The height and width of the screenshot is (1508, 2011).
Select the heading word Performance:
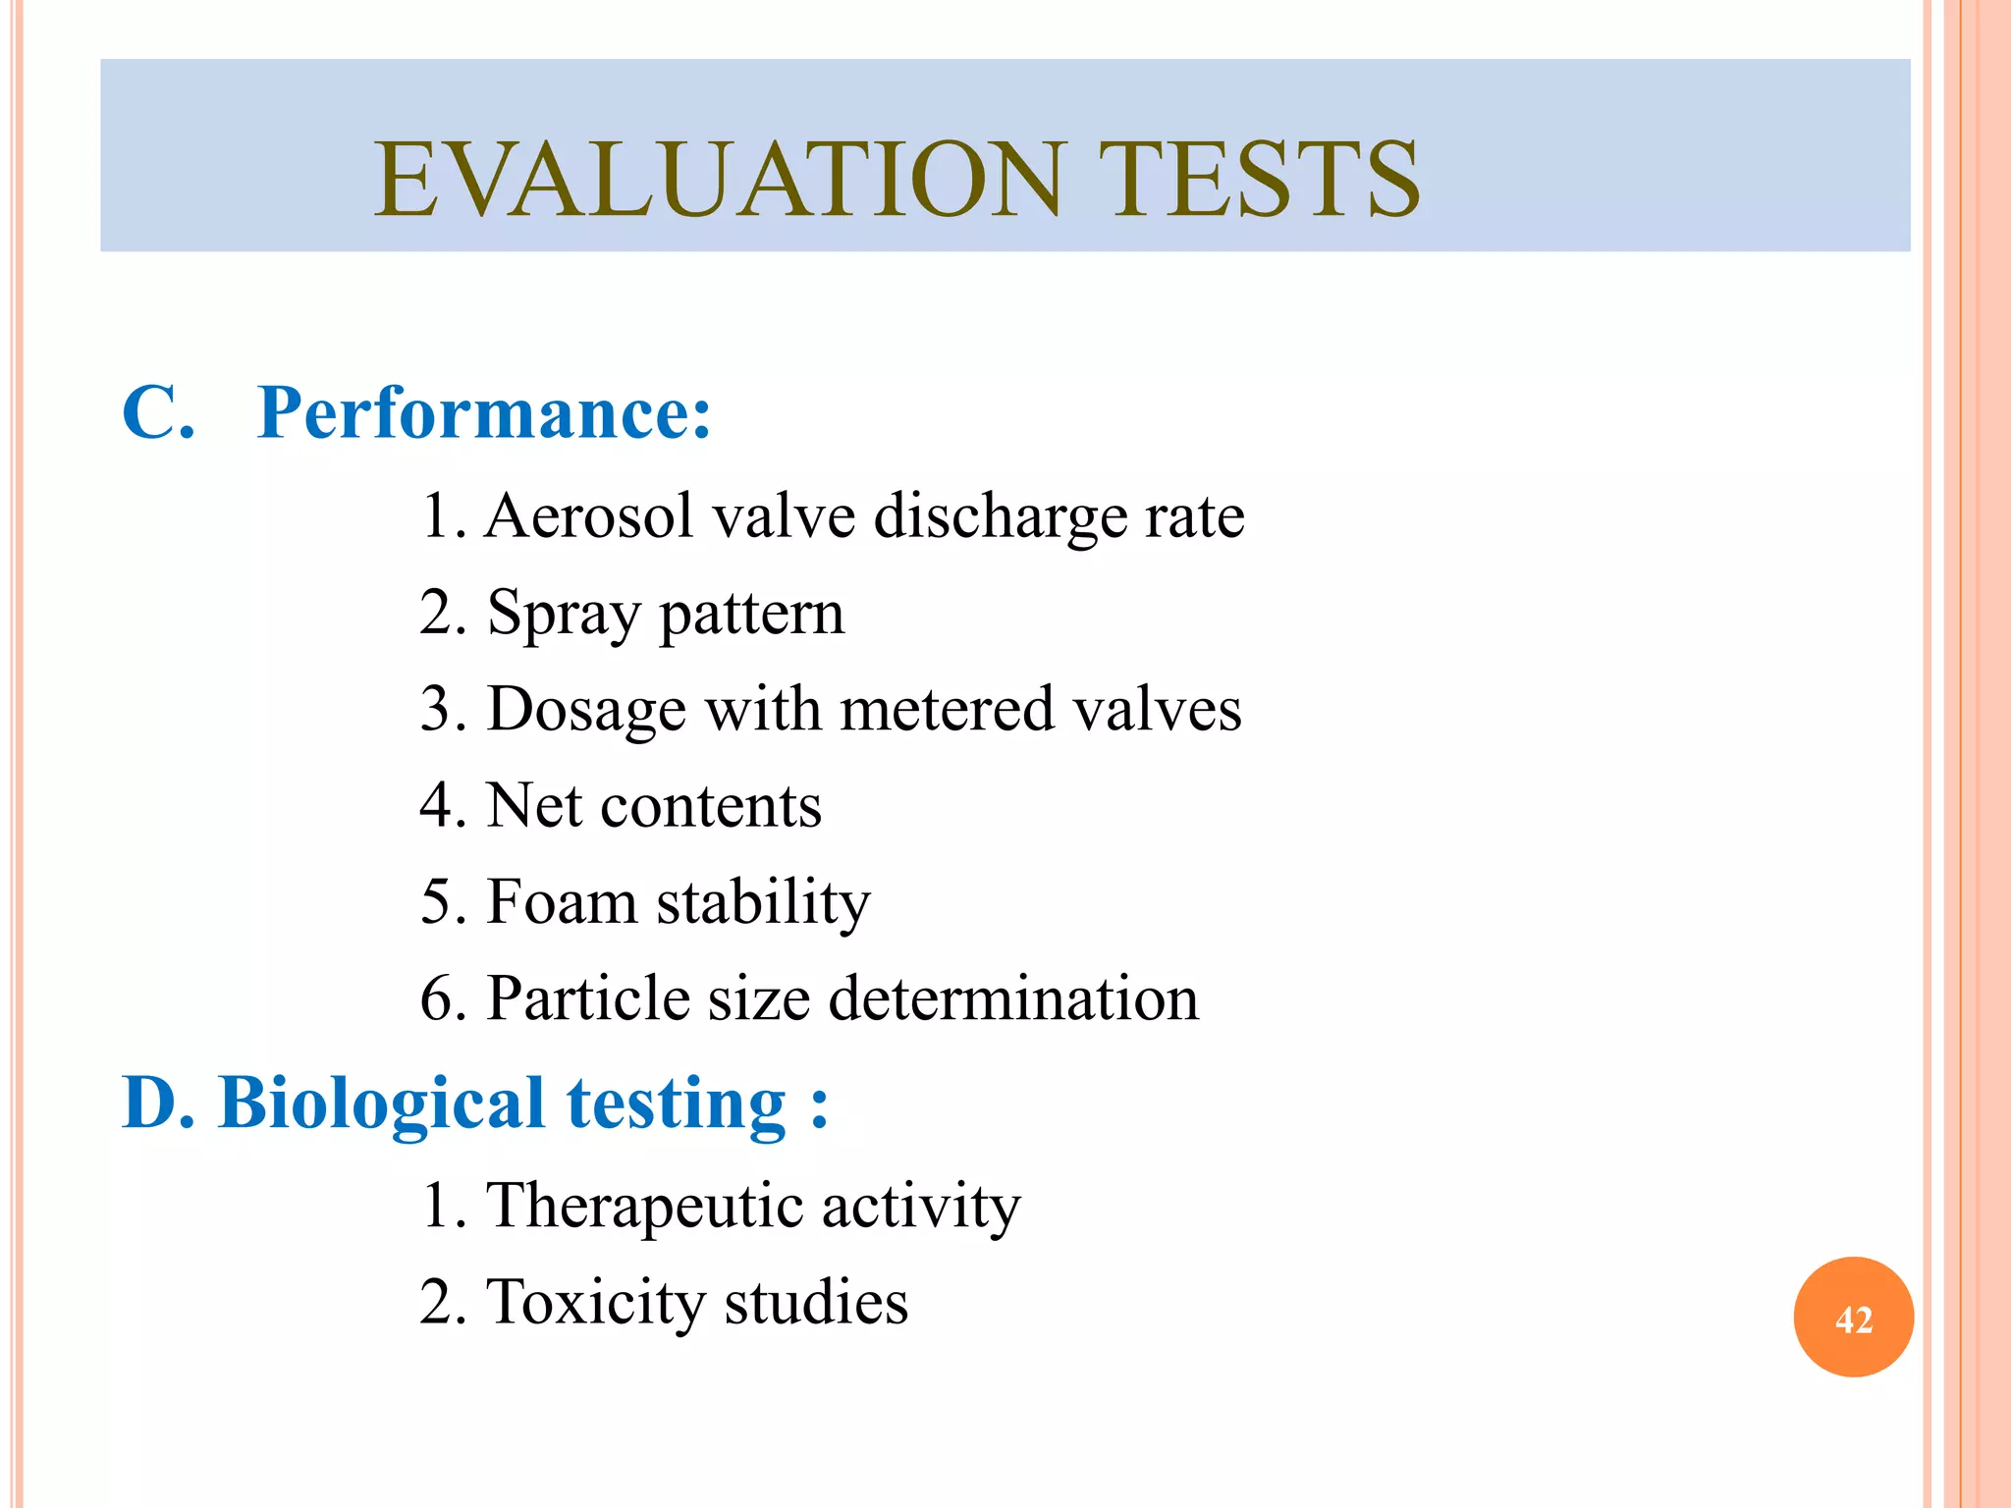[x=483, y=414]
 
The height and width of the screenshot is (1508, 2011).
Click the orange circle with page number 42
[x=1853, y=1318]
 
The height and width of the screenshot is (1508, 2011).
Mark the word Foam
[x=562, y=901]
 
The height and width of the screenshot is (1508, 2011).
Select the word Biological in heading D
[x=381, y=1104]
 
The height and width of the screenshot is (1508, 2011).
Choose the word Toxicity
[x=595, y=1304]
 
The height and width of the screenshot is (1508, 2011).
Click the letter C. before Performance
[x=157, y=414]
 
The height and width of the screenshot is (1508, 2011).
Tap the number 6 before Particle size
[x=436, y=999]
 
